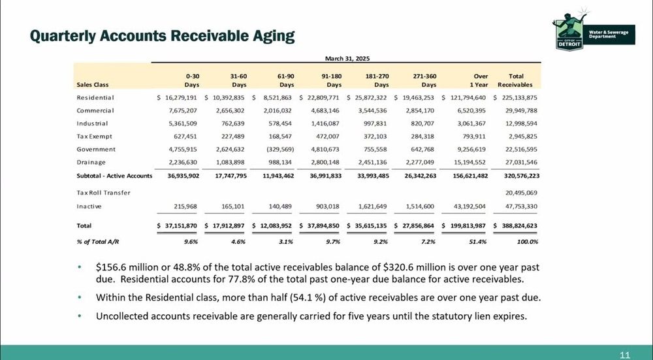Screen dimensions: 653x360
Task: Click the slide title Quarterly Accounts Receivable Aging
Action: pos(162,36)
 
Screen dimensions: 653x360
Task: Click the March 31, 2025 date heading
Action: pos(347,58)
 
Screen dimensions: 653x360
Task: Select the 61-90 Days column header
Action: pos(286,80)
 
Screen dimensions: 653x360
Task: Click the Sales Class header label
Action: pos(93,84)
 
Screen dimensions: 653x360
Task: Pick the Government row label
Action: pos(96,149)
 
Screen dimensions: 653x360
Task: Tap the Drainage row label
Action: pos(91,162)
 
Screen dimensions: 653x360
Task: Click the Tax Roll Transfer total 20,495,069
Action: pos(521,193)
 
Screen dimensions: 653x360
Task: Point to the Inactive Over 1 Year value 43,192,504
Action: pos(469,206)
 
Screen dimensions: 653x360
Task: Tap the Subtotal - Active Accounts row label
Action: pos(114,176)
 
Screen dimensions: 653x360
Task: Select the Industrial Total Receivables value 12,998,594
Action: pos(521,123)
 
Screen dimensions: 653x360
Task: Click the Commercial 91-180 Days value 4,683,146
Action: pos(325,111)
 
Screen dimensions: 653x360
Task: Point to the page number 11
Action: pos(625,355)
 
